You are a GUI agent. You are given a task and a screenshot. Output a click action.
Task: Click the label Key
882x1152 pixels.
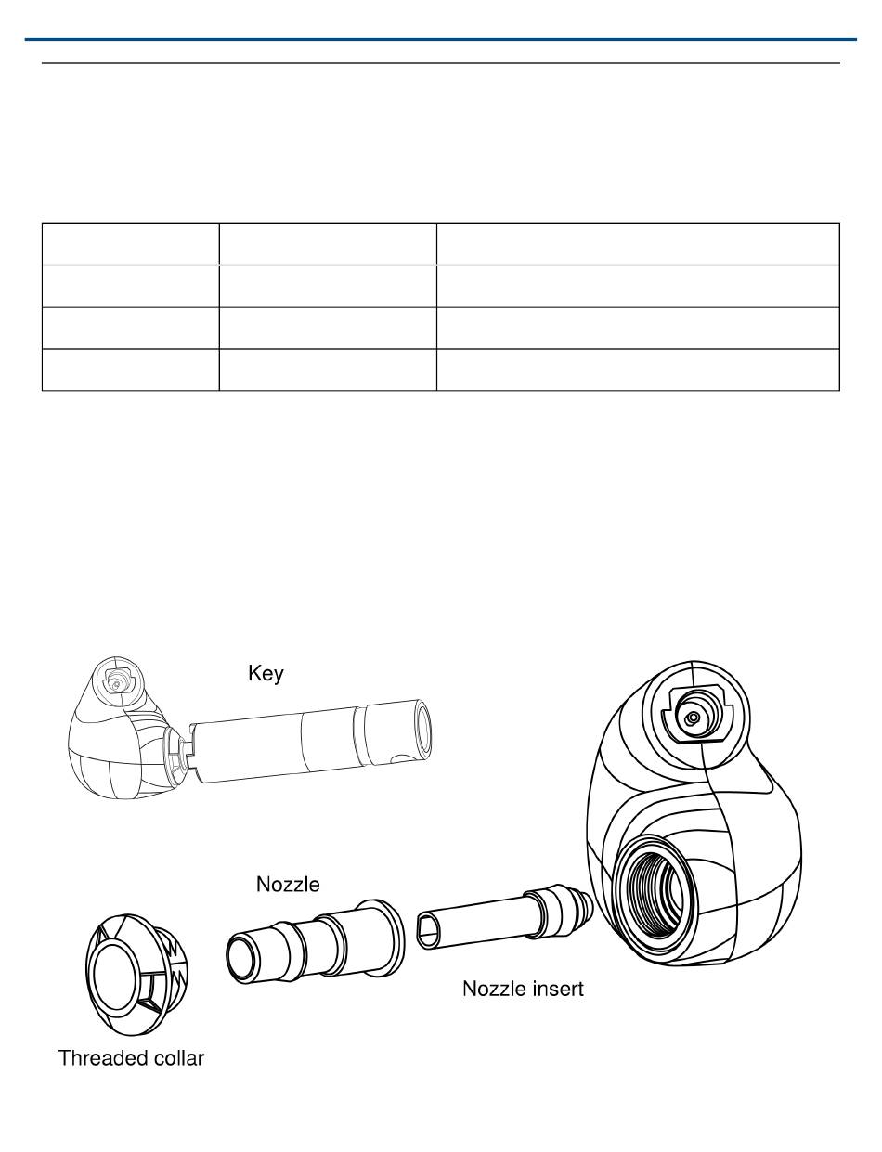(x=266, y=674)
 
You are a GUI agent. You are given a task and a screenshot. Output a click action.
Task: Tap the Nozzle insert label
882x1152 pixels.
(x=523, y=990)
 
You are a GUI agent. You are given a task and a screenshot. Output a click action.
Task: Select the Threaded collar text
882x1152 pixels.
(x=131, y=1058)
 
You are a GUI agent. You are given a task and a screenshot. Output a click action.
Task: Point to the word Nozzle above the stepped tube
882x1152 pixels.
(x=288, y=885)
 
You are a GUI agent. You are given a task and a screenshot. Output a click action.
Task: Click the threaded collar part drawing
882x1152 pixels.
(x=136, y=973)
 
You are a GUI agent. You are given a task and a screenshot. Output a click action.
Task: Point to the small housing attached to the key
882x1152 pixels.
(x=111, y=743)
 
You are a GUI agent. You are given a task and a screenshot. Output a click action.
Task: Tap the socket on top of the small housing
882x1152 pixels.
(x=116, y=680)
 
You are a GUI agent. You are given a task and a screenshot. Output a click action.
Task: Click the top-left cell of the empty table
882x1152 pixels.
(x=130, y=243)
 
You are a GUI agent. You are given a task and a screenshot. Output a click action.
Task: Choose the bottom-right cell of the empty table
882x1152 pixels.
(x=638, y=369)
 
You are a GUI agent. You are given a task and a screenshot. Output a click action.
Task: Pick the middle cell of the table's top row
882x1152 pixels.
(x=328, y=243)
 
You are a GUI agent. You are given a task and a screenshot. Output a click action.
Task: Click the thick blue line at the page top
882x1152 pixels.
(x=441, y=39)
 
